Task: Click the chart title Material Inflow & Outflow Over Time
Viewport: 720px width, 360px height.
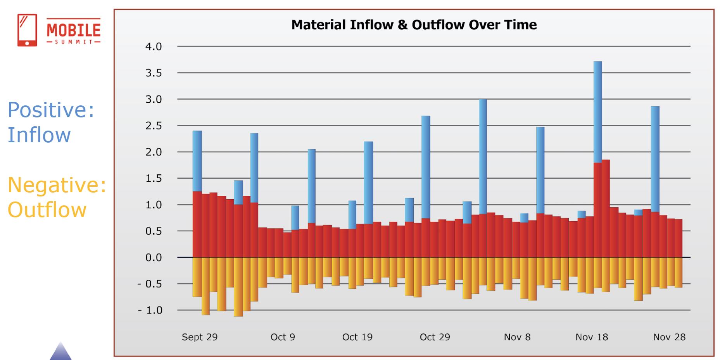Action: pyautogui.click(x=414, y=25)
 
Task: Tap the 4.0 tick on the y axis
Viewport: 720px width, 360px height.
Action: pyautogui.click(x=154, y=47)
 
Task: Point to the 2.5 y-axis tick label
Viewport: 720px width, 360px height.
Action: pyautogui.click(x=154, y=126)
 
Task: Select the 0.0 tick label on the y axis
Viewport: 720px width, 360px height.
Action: pyautogui.click(x=154, y=258)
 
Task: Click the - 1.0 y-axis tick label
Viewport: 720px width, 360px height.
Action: pyautogui.click(x=150, y=310)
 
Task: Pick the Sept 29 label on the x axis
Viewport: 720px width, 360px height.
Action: pyautogui.click(x=200, y=337)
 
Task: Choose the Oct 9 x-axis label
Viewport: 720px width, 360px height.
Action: pyautogui.click(x=283, y=337)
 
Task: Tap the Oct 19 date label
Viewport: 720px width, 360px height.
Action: pyautogui.click(x=357, y=337)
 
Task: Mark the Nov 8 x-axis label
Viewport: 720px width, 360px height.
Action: pyautogui.click(x=517, y=337)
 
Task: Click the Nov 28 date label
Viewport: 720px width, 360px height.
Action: pyautogui.click(x=669, y=337)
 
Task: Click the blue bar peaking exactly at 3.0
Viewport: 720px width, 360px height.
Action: pyautogui.click(x=483, y=155)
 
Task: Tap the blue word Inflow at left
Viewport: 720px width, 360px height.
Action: pyautogui.click(x=39, y=135)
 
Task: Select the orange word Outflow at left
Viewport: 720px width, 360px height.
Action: pyautogui.click(x=47, y=210)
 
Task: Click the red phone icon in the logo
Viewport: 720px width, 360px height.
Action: pyautogui.click(x=27, y=30)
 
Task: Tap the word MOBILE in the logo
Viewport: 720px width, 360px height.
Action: pyautogui.click(x=74, y=29)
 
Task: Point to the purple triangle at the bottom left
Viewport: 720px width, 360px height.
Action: pyautogui.click(x=60, y=352)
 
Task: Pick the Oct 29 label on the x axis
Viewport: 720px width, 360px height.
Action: pyautogui.click(x=435, y=337)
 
